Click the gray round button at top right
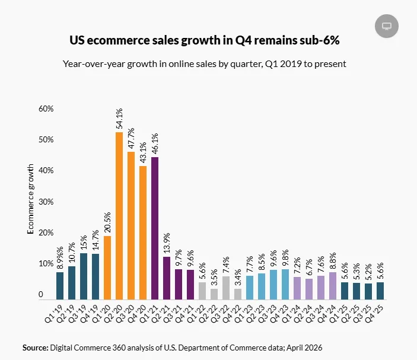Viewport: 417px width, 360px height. (387, 26)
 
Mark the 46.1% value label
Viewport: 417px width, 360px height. (155, 144)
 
